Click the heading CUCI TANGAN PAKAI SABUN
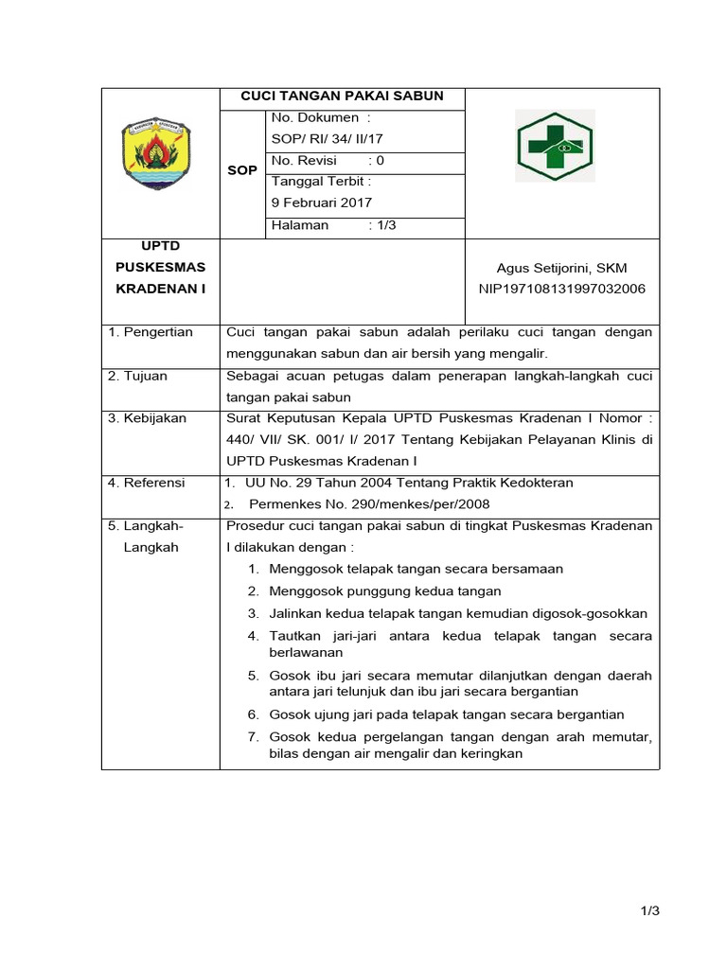pyautogui.click(x=342, y=97)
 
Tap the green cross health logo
pyautogui.click(x=555, y=146)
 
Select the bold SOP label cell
pyautogui.click(x=242, y=171)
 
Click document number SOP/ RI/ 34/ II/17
pyautogui.click(x=327, y=139)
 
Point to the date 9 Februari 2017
pyautogui.click(x=322, y=203)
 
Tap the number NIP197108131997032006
pyautogui.click(x=562, y=290)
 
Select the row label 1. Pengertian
pyautogui.click(x=151, y=332)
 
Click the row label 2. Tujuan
pyautogui.click(x=137, y=376)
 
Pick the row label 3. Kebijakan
pyautogui.click(x=147, y=418)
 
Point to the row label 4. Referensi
pyautogui.click(x=147, y=483)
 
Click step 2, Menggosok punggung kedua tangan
pyautogui.click(x=384, y=591)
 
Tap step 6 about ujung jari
pyautogui.click(x=446, y=714)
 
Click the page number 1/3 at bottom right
pyautogui.click(x=648, y=911)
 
